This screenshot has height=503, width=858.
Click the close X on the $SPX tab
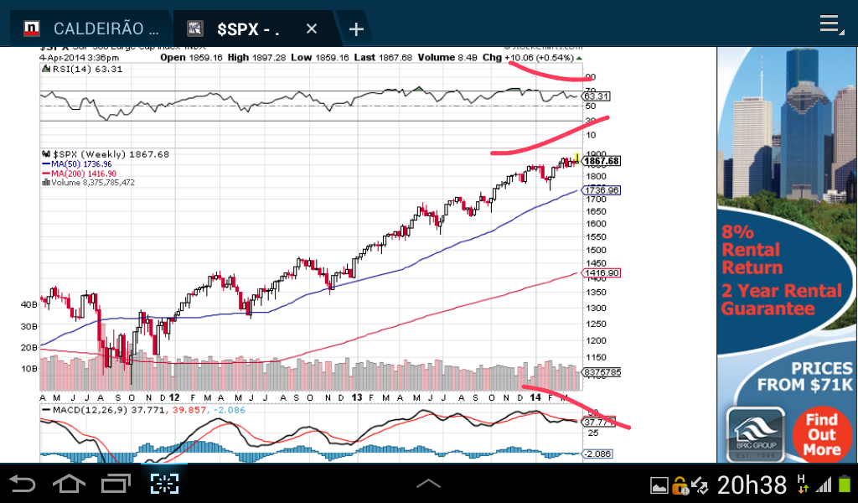(x=312, y=29)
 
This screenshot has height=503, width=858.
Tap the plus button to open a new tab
(x=356, y=29)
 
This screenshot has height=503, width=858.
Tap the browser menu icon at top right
(x=830, y=24)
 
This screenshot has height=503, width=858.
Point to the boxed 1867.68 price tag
(x=601, y=161)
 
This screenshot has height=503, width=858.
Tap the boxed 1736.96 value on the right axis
(x=602, y=190)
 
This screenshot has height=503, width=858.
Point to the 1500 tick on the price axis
(x=595, y=251)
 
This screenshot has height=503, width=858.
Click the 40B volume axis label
(x=28, y=304)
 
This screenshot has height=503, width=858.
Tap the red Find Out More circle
(x=821, y=434)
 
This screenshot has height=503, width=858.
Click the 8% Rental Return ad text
(x=752, y=250)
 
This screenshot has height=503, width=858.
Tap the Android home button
(x=69, y=484)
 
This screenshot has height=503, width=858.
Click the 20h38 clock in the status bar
(x=752, y=485)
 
